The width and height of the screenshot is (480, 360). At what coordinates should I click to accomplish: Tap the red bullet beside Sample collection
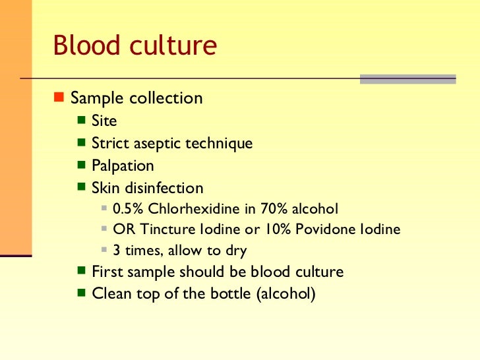click(58, 98)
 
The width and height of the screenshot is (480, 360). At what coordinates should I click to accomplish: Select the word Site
click(104, 121)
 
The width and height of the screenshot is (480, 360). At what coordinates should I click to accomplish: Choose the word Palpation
click(123, 166)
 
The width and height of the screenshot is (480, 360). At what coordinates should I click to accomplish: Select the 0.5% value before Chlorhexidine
click(128, 209)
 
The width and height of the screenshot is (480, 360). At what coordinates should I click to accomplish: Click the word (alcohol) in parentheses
click(284, 294)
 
